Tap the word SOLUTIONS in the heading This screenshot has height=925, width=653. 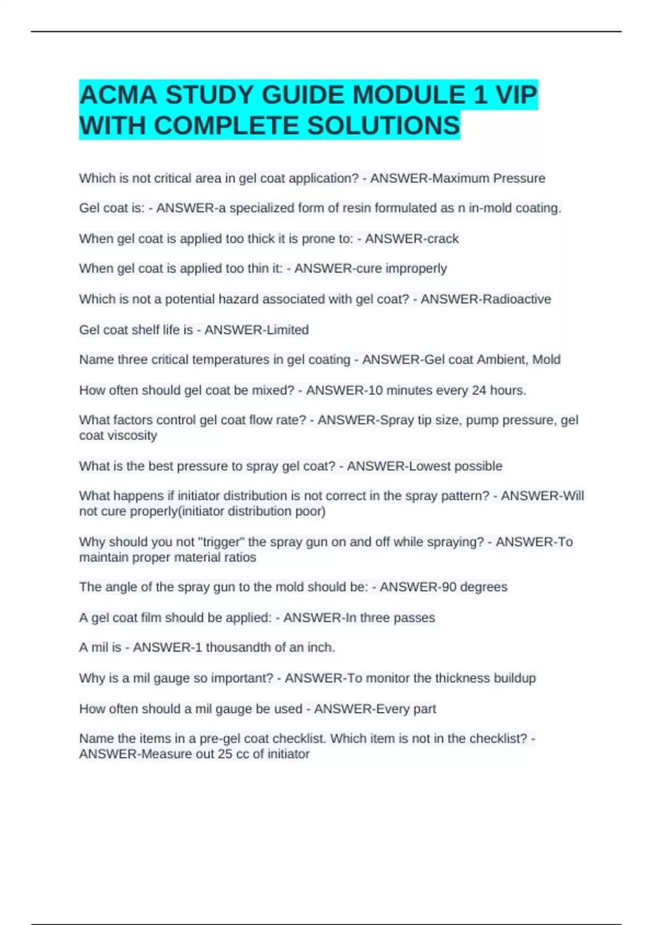pyautogui.click(x=384, y=126)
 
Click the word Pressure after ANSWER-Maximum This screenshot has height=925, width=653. pyautogui.click(x=519, y=178)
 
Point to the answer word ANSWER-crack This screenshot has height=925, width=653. pyautogui.click(x=411, y=239)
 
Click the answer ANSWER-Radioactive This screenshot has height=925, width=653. pyautogui.click(x=485, y=299)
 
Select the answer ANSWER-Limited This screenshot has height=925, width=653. pyautogui.click(x=256, y=330)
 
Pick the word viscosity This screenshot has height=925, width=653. pyautogui.click(x=134, y=435)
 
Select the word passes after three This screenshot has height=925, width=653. pyautogui.click(x=414, y=618)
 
